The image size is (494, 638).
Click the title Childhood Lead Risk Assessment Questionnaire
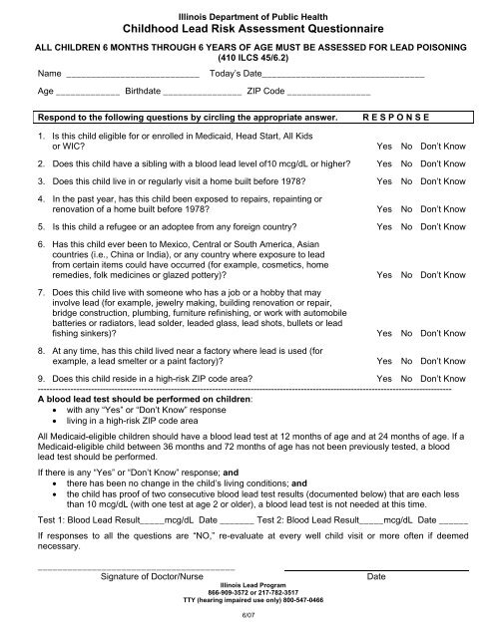coord(247,29)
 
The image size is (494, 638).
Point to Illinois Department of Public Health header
coord(247,12)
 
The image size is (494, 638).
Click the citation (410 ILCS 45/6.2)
coord(247,58)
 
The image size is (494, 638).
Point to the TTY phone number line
coord(247,601)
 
